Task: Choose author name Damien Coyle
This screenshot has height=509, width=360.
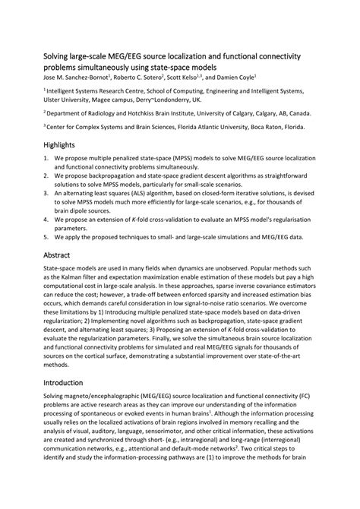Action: (x=235, y=77)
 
